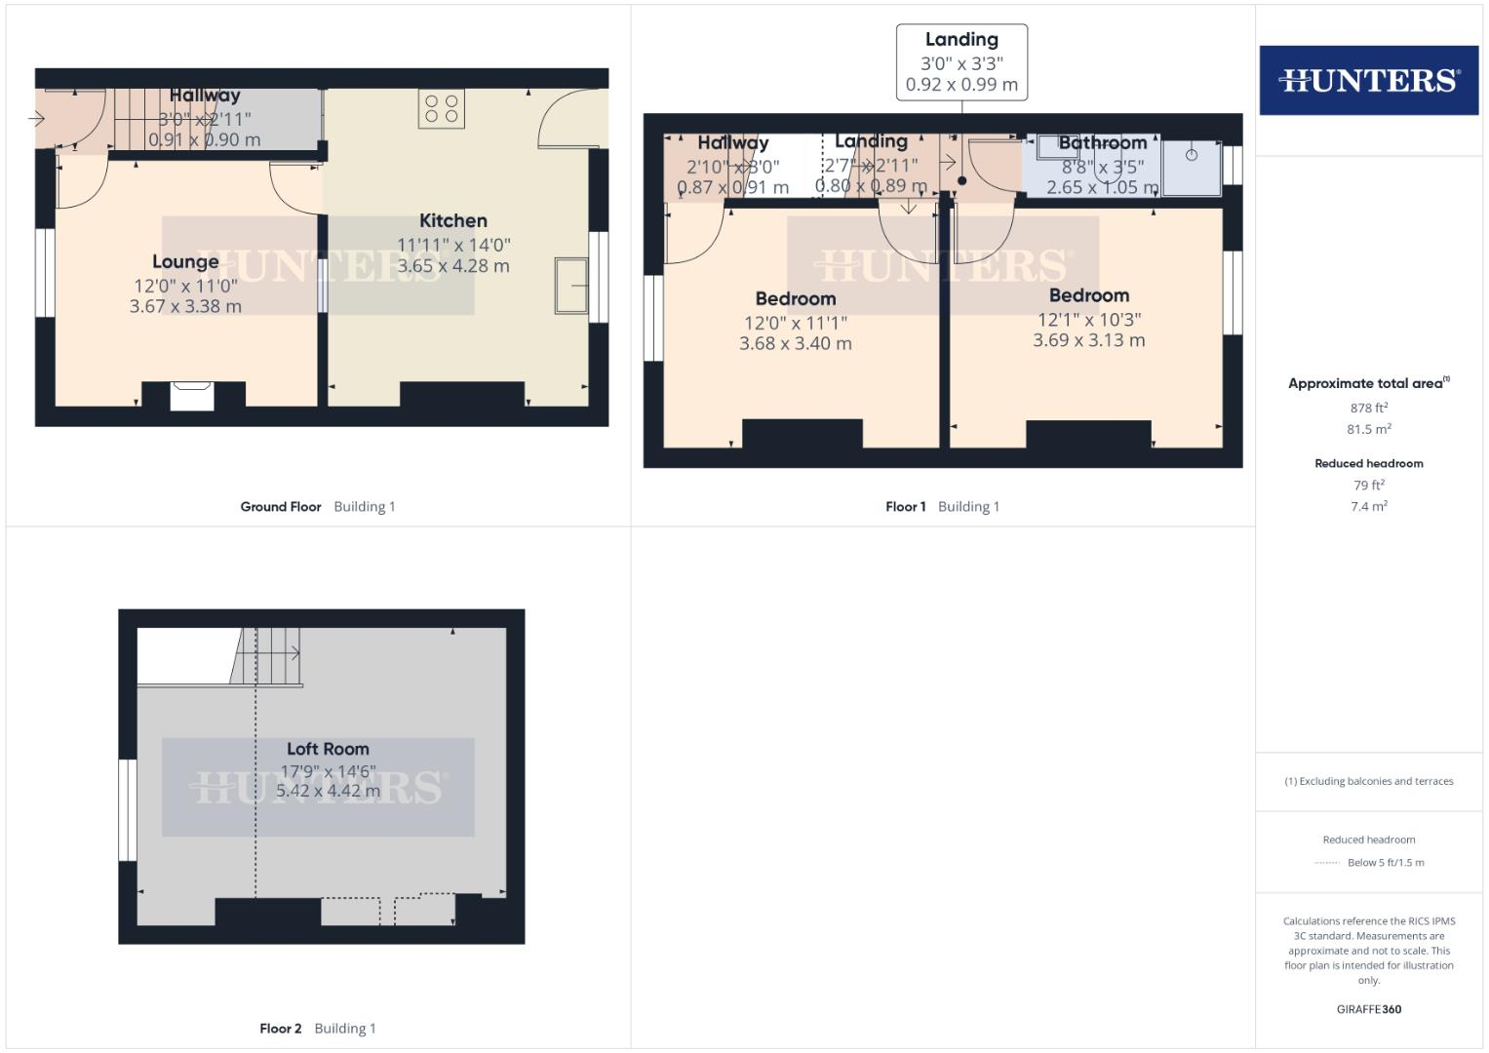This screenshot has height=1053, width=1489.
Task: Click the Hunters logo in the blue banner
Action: pyautogui.click(x=1368, y=80)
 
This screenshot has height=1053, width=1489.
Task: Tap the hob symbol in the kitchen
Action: pyautogui.click(x=442, y=108)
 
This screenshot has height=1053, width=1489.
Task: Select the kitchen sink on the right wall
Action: pyautogui.click(x=571, y=286)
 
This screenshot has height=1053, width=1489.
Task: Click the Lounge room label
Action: pyautogui.click(x=185, y=261)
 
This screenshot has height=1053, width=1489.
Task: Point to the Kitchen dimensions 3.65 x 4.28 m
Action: pyautogui.click(x=453, y=266)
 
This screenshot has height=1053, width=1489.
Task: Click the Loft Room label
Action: pyautogui.click(x=328, y=749)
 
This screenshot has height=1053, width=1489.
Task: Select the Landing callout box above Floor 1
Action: pyautogui.click(x=961, y=62)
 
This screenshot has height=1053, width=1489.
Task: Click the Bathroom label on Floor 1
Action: pyautogui.click(x=1102, y=143)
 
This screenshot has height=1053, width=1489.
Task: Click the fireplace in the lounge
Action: pyautogui.click(x=192, y=397)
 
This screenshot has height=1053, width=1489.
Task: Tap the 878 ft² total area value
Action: pyautogui.click(x=1368, y=409)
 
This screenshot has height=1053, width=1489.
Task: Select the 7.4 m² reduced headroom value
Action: pyautogui.click(x=1368, y=507)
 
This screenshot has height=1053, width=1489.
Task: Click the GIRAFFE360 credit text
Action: pyautogui.click(x=1368, y=1009)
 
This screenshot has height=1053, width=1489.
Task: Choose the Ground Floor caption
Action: pyautogui.click(x=281, y=507)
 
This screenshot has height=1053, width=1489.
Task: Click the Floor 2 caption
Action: pyautogui.click(x=281, y=1029)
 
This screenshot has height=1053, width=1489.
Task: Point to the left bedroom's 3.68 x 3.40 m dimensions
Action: pyautogui.click(x=796, y=344)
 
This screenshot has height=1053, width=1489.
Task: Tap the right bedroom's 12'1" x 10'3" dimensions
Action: pyautogui.click(x=1089, y=320)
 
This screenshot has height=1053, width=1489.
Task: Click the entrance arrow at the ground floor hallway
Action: pyautogui.click(x=37, y=120)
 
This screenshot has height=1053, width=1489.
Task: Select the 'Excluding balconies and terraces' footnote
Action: pyautogui.click(x=1368, y=781)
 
